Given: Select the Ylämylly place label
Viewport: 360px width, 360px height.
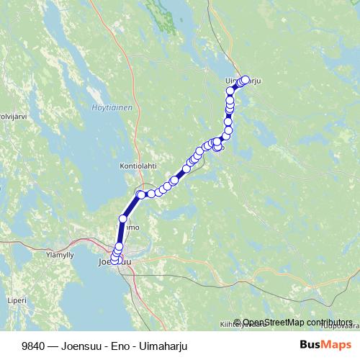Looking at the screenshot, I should pos(59,254).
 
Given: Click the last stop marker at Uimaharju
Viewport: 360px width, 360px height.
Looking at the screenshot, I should pos(246,80).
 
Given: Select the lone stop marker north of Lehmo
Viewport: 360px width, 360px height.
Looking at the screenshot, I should pos(123,218).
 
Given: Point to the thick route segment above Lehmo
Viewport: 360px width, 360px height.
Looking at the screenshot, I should pos(132,205).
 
